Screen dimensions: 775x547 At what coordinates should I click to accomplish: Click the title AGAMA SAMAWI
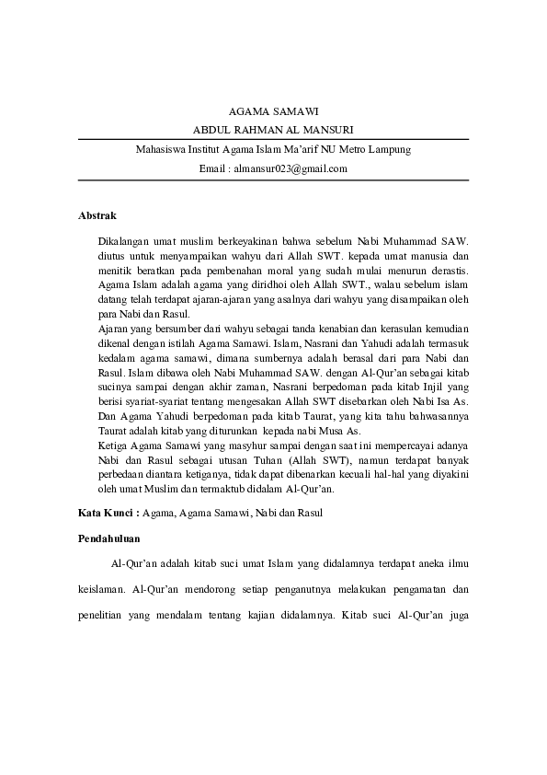tap(273, 110)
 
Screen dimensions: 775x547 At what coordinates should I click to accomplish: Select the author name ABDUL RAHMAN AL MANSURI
tap(273, 129)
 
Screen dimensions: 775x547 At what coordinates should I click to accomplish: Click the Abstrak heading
tap(97, 215)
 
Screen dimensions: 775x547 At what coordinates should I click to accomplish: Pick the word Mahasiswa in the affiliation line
tap(161, 149)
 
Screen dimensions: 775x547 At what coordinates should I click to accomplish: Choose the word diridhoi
tap(235, 285)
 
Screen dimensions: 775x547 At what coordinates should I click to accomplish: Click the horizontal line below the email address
tap(273, 180)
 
